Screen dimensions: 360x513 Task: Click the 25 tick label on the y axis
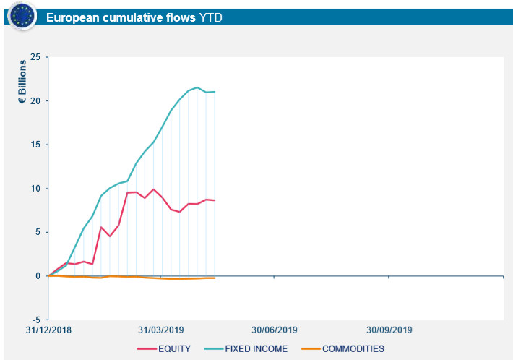(35, 56)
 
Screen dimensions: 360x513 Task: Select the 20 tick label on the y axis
(35, 100)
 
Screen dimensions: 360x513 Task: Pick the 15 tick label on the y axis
(35, 145)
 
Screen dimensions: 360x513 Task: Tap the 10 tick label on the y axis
(35, 189)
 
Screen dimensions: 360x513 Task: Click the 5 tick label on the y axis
(38, 232)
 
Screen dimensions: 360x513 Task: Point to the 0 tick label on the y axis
(38, 276)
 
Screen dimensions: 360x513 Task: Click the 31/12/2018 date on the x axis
(48, 330)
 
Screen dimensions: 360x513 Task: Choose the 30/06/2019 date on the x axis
(275, 330)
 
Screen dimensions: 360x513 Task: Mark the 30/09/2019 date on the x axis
(389, 330)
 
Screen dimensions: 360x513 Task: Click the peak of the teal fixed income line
(197, 87)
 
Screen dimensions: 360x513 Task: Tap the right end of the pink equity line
(215, 200)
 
